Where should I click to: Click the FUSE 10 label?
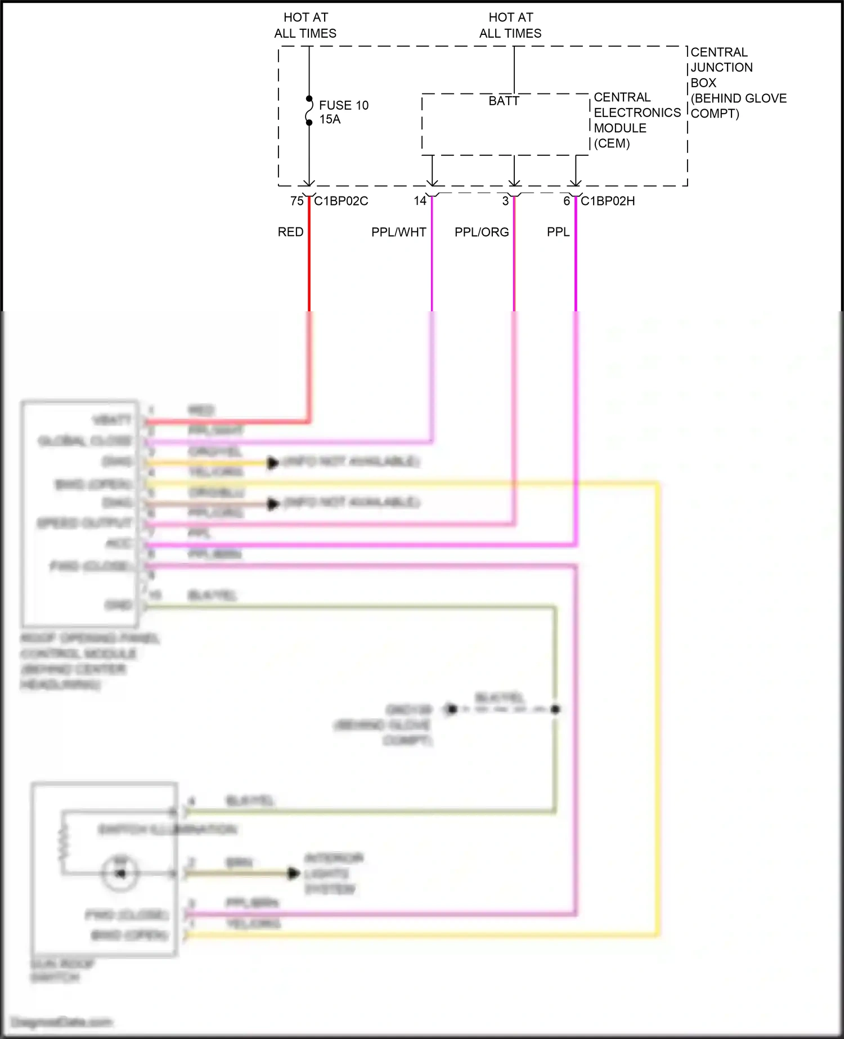click(343, 105)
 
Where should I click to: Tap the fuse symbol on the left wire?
click(309, 111)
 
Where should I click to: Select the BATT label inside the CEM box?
click(504, 101)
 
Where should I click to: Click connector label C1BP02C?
click(341, 201)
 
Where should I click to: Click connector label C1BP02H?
click(608, 201)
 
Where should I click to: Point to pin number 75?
click(297, 201)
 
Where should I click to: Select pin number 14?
click(420, 201)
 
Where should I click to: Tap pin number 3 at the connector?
click(505, 201)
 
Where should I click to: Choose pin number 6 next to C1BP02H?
click(567, 201)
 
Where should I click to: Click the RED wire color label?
click(290, 232)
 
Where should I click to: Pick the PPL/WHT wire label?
click(398, 232)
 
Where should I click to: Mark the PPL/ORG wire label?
click(482, 232)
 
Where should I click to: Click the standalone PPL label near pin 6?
click(558, 232)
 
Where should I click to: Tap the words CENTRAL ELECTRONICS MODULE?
click(636, 113)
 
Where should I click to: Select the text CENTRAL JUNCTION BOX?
click(721, 67)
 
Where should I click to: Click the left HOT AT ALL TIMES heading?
click(305, 25)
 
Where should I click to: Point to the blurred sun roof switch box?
click(105, 870)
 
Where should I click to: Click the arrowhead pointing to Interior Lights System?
click(293, 874)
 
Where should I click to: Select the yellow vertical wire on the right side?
click(657, 709)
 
